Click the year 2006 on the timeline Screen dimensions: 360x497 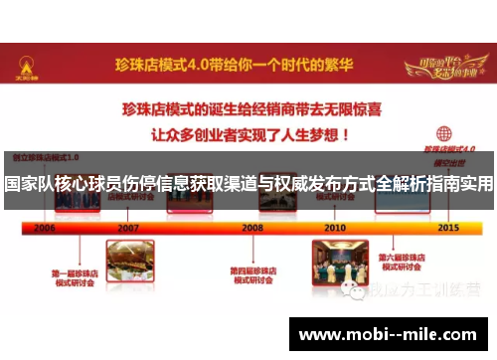[44, 228]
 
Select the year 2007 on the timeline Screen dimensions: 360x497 [128, 228]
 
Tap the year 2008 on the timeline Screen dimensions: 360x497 [252, 228]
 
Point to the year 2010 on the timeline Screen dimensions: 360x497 [334, 228]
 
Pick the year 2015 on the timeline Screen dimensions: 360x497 [448, 228]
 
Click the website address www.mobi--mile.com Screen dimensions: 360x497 [388, 335]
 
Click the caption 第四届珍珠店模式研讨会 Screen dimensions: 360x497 [252, 274]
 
